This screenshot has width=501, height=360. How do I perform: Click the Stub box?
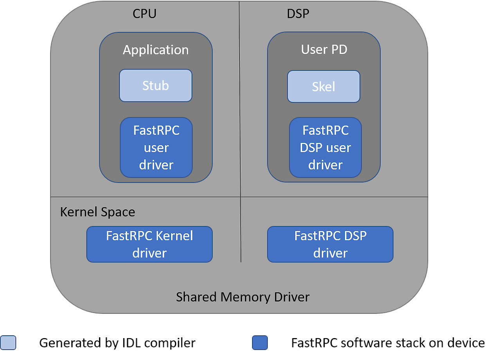[155, 85]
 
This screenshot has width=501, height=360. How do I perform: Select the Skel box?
[324, 86]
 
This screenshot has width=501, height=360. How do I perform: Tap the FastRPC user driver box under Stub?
[156, 148]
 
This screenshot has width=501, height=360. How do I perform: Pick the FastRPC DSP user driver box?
[325, 148]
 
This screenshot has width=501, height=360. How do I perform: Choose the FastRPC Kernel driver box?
[149, 244]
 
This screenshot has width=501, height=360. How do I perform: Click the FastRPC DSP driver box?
[330, 244]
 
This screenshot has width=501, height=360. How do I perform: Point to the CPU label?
[144, 14]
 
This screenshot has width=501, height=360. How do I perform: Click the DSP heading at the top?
[298, 14]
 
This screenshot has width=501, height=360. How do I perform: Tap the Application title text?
[156, 50]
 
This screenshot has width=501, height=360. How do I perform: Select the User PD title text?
[324, 50]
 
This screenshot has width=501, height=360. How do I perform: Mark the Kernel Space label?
[97, 212]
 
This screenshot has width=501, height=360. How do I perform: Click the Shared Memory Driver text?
[243, 297]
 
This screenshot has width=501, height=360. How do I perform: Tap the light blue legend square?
[8, 343]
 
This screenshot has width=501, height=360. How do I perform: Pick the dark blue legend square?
[260, 343]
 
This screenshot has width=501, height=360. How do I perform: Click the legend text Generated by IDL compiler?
[117, 343]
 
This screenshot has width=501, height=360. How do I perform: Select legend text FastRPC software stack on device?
[388, 343]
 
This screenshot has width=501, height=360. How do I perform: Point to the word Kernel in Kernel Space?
[78, 212]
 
